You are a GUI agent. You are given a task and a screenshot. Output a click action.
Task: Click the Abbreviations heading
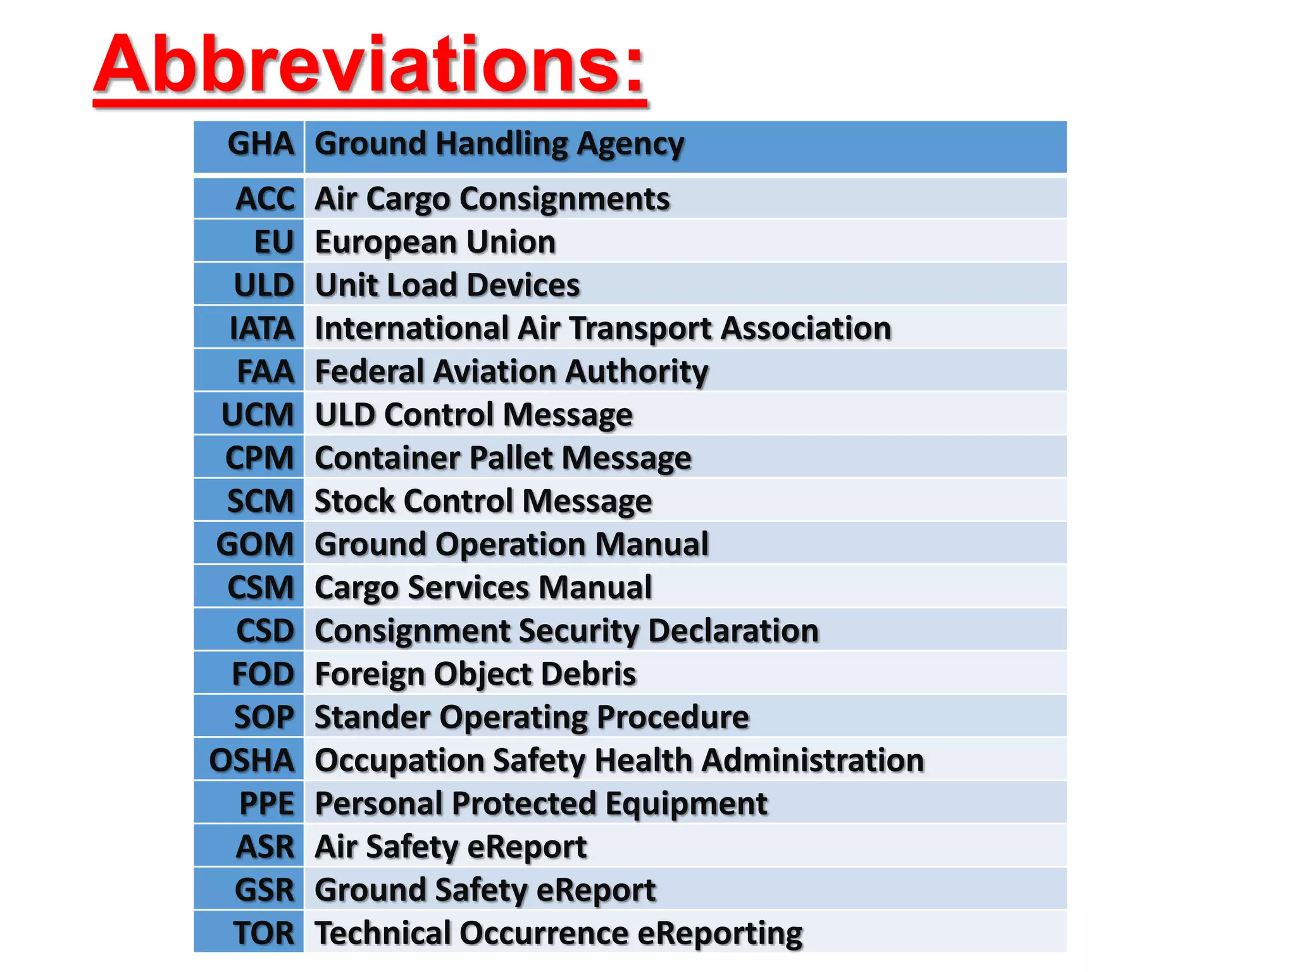pos(370,65)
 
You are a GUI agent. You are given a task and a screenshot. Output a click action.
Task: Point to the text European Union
pos(435,242)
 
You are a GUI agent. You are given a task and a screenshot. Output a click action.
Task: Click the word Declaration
pos(733,631)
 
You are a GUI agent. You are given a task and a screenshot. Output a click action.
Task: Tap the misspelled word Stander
pos(373,718)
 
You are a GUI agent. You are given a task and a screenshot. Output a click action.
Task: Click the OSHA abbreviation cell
pos(252,761)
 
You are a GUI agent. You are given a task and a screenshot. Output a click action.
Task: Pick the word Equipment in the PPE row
pos(686,804)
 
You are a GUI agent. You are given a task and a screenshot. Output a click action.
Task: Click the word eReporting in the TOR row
pos(720,933)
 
